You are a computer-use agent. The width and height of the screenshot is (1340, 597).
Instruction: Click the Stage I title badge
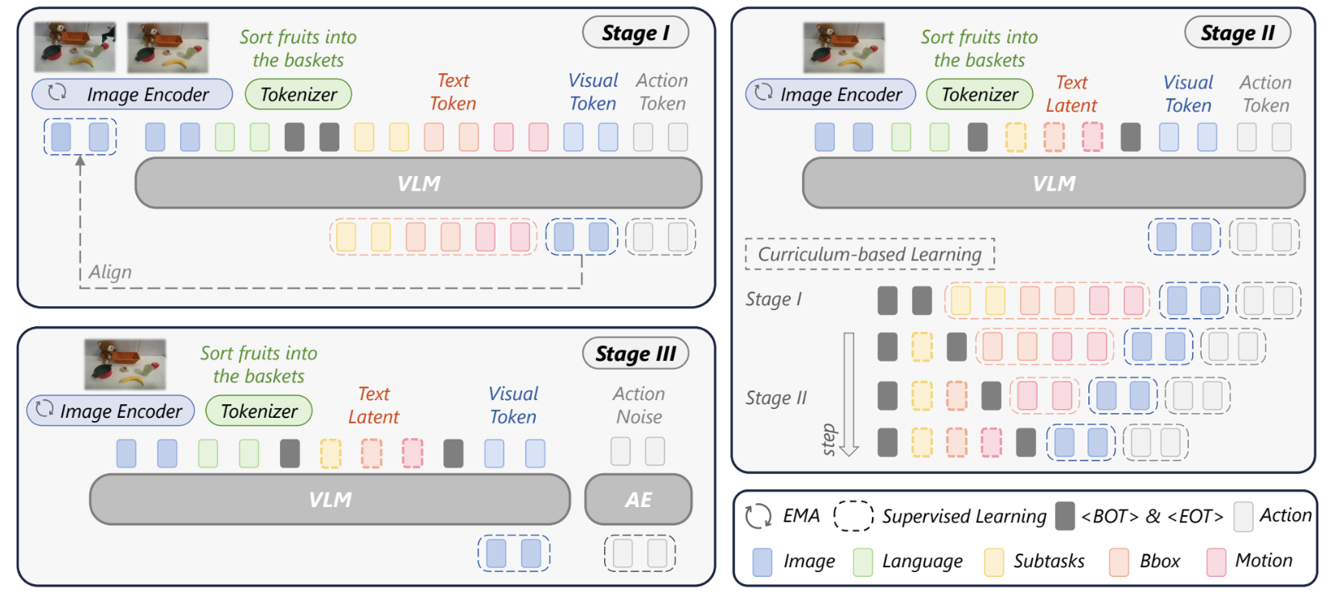(635, 33)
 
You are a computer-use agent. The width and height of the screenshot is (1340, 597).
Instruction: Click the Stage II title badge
(1237, 33)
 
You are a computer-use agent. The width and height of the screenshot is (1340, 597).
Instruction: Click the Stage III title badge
(635, 354)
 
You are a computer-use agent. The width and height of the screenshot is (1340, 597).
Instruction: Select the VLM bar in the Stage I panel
(418, 183)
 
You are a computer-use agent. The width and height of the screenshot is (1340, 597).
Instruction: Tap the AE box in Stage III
(638, 500)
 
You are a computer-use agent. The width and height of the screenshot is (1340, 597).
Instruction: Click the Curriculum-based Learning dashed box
(869, 254)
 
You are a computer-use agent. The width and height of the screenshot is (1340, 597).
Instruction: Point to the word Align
(110, 272)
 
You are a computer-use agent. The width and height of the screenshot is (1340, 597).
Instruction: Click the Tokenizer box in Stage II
(979, 95)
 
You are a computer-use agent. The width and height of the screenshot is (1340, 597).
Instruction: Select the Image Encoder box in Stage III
(111, 411)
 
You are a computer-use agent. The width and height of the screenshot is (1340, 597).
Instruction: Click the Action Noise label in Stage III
(639, 405)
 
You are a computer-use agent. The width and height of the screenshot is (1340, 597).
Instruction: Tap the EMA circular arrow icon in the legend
(758, 516)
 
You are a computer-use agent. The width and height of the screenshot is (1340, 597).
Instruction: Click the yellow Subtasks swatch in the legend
(993, 562)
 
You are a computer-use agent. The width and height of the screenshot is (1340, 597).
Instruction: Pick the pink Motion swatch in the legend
(1216, 562)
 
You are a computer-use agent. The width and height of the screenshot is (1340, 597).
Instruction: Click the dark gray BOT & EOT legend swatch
(1065, 516)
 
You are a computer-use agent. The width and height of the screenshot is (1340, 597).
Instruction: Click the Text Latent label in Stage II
(1071, 94)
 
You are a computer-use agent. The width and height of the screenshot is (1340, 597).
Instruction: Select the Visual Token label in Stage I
(593, 92)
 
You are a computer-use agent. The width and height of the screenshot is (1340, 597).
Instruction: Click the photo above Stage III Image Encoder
(125, 364)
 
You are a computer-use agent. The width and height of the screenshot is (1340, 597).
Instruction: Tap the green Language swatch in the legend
(862, 562)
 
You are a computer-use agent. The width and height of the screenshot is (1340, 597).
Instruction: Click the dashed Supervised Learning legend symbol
(853, 516)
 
